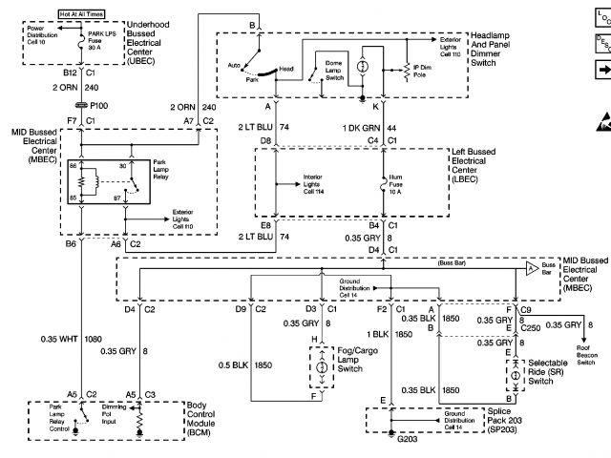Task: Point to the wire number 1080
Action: (x=92, y=338)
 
